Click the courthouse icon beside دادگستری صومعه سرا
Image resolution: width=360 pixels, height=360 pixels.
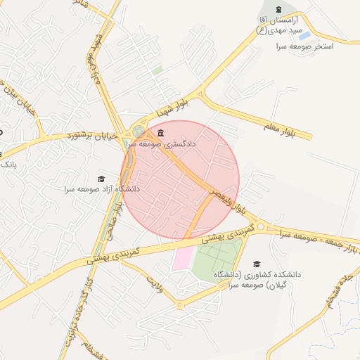[161, 133]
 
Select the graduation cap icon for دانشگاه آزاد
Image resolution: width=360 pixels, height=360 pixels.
[101, 179]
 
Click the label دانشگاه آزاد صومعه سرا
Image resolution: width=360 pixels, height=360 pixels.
[102, 189]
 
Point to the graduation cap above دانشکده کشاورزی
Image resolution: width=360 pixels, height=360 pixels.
[256, 263]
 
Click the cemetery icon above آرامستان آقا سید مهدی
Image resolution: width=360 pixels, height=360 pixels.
[280, 9]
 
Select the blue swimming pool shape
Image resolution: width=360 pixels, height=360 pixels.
[304, 34]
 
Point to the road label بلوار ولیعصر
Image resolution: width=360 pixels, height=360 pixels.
[231, 203]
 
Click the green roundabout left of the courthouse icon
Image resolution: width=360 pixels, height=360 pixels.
[139, 131]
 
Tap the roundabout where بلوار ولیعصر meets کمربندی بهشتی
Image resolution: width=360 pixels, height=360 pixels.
[261, 226]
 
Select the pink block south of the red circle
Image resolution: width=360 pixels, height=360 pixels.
[183, 257]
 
